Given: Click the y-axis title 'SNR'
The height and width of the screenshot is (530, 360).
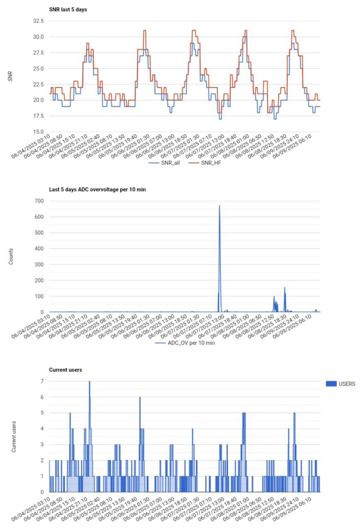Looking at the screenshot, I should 12,76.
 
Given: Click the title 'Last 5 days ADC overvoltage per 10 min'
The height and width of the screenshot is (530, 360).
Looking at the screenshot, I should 98,190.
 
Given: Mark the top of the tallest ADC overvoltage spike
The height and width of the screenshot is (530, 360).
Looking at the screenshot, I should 219,205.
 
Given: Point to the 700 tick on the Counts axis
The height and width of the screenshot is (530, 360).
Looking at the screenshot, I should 39,201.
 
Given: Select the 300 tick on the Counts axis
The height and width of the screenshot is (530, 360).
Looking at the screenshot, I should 39,265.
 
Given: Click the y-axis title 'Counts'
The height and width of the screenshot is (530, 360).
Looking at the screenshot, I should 12,256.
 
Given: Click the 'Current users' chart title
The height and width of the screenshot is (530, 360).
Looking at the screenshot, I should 65,370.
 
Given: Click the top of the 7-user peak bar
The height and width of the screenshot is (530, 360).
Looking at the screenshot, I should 89,382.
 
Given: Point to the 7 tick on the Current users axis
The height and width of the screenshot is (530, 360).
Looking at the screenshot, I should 42,381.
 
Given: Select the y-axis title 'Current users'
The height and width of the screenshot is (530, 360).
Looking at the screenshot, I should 14,437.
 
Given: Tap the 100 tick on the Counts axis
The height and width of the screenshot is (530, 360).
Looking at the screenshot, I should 39,296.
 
